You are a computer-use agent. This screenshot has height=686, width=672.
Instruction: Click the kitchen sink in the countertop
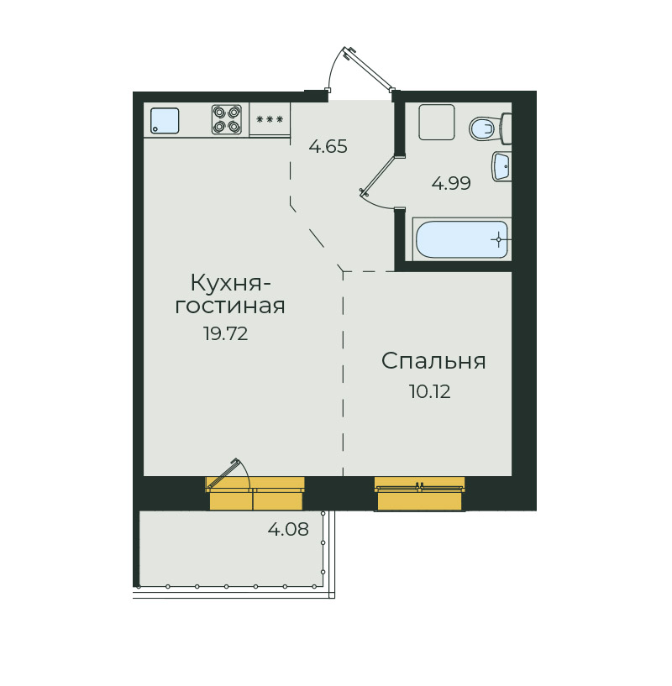pyautogui.click(x=165, y=120)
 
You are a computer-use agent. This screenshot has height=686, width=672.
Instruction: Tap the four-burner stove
pyautogui.click(x=227, y=119)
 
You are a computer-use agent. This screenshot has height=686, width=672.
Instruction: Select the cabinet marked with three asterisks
pyautogui.click(x=270, y=119)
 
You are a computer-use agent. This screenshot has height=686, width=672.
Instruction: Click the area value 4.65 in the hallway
pyautogui.click(x=328, y=146)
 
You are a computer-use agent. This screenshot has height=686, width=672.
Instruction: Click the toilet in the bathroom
pyautogui.click(x=490, y=128)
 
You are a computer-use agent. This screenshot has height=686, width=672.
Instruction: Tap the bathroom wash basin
pyautogui.click(x=501, y=166)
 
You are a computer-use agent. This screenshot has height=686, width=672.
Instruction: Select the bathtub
pyautogui.click(x=462, y=239)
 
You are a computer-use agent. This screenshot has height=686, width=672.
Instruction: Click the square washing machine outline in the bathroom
pyautogui.click(x=437, y=122)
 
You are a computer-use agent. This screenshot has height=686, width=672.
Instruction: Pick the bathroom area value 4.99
pyautogui.click(x=451, y=183)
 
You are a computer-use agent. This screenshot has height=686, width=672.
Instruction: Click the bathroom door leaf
pyautogui.click(x=378, y=175)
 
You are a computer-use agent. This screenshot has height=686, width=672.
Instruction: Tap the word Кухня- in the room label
pyautogui.click(x=231, y=283)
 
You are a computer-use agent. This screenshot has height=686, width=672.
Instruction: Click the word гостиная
pyautogui.click(x=230, y=306)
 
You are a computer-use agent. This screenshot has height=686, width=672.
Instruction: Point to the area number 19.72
pyautogui.click(x=225, y=334)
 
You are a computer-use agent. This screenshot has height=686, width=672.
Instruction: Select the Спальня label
pyautogui.click(x=433, y=361)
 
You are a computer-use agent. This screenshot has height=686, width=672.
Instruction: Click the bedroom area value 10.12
pyautogui.click(x=429, y=391)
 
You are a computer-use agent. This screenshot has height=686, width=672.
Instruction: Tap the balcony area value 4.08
pyautogui.click(x=288, y=529)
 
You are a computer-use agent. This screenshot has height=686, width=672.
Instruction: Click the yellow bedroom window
pyautogui.click(x=420, y=494)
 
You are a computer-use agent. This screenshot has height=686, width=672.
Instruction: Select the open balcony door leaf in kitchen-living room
pyautogui.click(x=223, y=473)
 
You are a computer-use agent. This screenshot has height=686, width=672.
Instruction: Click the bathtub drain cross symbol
pyautogui.click(x=498, y=240)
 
